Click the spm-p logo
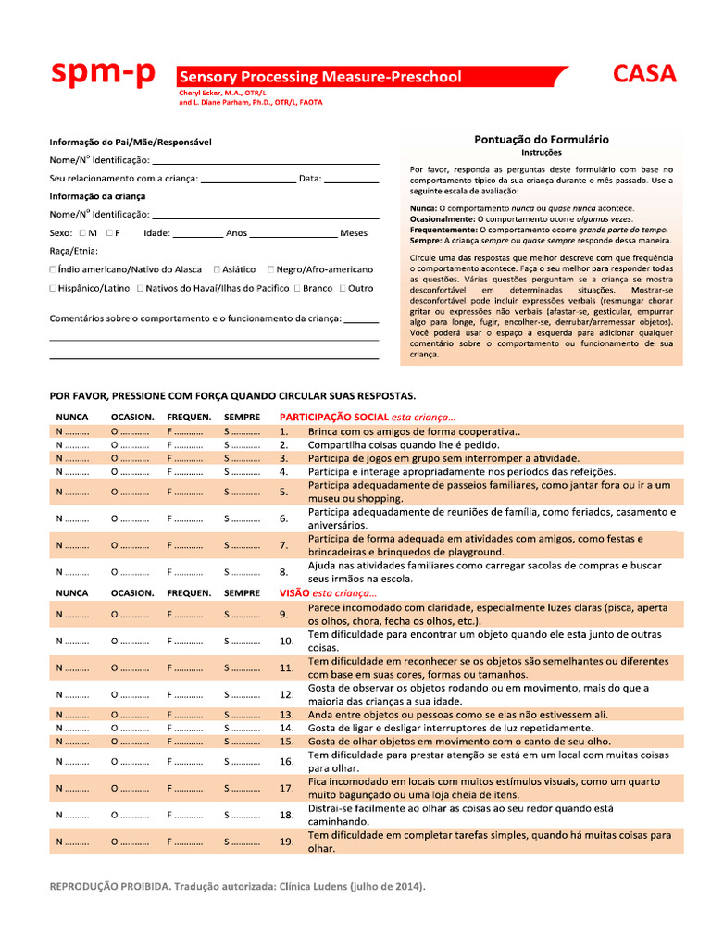(x=103, y=75)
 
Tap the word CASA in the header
(x=644, y=75)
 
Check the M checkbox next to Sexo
(x=83, y=233)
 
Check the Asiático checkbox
(x=217, y=269)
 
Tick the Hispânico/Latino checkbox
(x=53, y=288)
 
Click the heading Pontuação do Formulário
(x=542, y=139)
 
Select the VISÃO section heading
(x=294, y=592)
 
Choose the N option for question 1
(x=72, y=431)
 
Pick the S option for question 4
(x=241, y=471)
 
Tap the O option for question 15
(x=129, y=741)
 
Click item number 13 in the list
(x=286, y=715)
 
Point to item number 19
(x=286, y=841)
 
